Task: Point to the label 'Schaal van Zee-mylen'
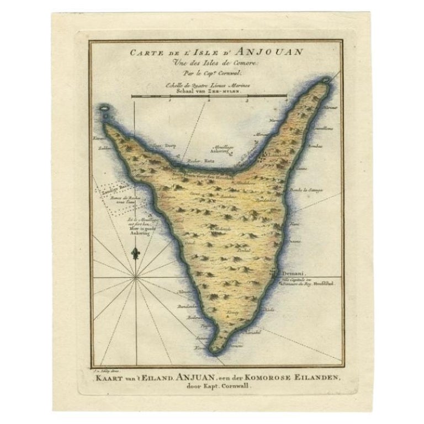pos(209,91)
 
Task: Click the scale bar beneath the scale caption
pos(209,97)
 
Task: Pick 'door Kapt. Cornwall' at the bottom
pos(211,386)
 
